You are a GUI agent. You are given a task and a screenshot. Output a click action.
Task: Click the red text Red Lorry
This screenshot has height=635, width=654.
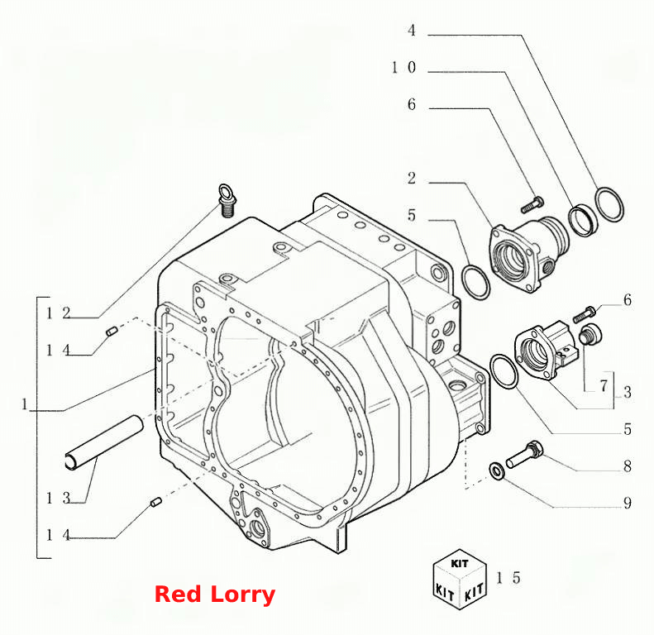tap(214, 594)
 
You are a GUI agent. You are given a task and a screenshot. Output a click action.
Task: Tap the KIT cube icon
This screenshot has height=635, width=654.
tap(460, 579)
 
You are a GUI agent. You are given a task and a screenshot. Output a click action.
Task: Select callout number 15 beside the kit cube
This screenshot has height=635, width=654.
tap(508, 578)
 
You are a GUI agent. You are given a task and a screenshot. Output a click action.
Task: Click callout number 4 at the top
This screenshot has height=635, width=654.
tap(412, 31)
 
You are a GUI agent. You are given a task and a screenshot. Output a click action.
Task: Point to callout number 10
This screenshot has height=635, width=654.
tap(403, 67)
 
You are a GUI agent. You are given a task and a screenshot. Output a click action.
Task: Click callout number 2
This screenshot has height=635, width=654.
tap(412, 178)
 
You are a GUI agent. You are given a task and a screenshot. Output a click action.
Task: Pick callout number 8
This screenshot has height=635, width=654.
tap(628, 466)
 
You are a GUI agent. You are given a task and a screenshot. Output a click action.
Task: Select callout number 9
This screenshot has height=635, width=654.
tap(628, 503)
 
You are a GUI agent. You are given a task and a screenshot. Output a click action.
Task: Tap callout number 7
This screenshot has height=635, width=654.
tap(604, 385)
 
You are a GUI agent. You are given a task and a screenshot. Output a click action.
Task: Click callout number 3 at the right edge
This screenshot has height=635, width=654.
tap(628, 392)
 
